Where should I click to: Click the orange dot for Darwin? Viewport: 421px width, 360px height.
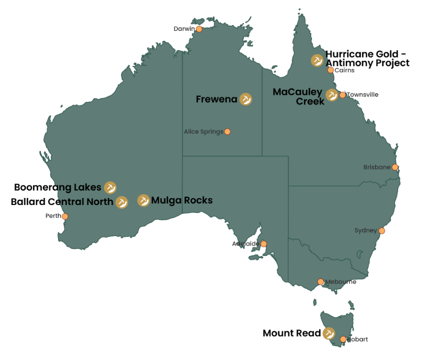click(199, 29)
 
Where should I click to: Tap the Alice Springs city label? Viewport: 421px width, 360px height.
click(203, 132)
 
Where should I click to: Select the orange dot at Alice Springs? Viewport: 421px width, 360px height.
click(227, 131)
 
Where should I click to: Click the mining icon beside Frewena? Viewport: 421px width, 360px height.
click(245, 99)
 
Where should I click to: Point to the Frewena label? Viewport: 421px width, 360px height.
click(216, 99)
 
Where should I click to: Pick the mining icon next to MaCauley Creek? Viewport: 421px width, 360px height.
click(332, 95)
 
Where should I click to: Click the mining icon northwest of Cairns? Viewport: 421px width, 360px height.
click(317, 60)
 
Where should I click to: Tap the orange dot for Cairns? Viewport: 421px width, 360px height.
click(330, 70)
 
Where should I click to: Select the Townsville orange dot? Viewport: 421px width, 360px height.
click(342, 95)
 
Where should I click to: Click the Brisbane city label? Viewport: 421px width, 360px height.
click(376, 167)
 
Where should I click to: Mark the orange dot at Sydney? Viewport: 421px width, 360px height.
click(382, 230)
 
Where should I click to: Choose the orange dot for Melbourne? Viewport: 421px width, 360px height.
click(320, 282)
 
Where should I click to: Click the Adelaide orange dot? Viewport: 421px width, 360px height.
click(264, 244)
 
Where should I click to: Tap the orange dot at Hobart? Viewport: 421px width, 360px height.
click(343, 339)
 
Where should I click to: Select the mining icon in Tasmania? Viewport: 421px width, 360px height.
click(328, 333)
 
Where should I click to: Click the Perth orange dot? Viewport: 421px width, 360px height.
click(65, 216)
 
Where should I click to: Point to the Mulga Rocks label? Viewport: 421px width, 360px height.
click(181, 200)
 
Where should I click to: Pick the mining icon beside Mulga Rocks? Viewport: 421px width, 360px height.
click(143, 200)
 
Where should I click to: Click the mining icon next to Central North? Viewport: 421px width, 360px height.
click(121, 202)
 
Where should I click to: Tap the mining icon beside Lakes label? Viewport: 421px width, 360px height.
click(110, 187)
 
